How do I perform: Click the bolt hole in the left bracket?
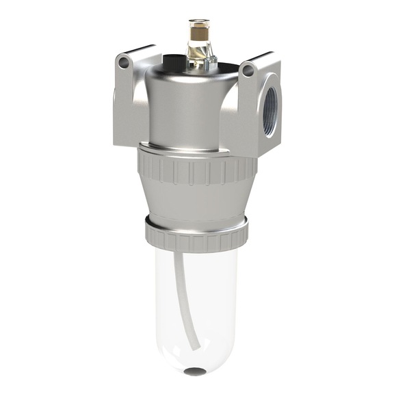[x=124, y=63]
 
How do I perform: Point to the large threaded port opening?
[x=270, y=112]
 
